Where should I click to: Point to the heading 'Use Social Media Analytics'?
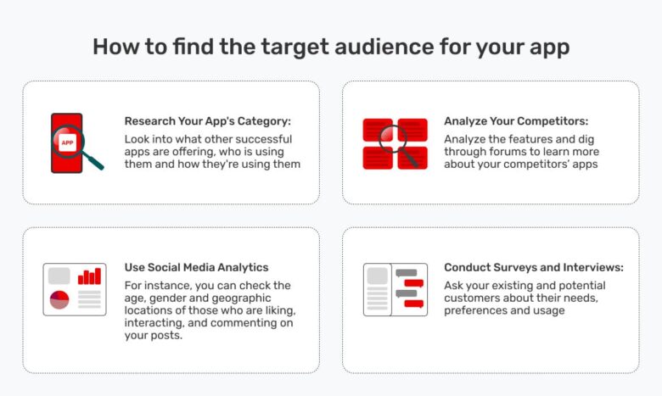(x=196, y=267)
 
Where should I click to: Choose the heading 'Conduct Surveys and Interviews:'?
(x=534, y=267)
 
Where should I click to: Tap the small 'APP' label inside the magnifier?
(x=68, y=142)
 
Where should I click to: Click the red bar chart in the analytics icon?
(x=89, y=276)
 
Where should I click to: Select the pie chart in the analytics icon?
(x=59, y=299)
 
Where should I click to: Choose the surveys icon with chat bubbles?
(x=395, y=289)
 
